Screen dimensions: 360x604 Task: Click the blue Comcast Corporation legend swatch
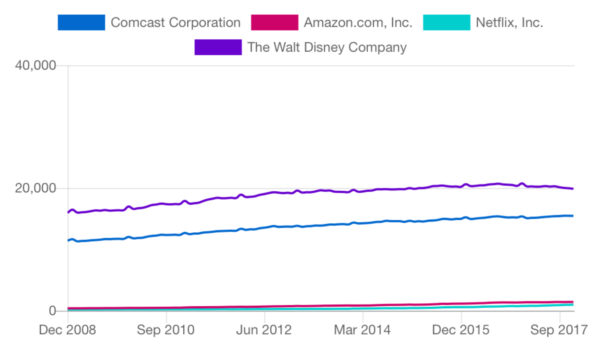[x=81, y=22]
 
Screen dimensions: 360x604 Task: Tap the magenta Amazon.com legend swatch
[x=274, y=22]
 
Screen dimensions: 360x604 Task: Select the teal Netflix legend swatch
[x=446, y=22]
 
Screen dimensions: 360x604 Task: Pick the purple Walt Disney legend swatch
[x=218, y=47]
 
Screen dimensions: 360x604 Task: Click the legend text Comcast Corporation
[x=175, y=22]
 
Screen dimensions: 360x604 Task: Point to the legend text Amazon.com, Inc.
[x=358, y=22]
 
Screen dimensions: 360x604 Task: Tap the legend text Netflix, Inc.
[x=509, y=22]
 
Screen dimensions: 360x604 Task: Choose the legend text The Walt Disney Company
[x=327, y=47]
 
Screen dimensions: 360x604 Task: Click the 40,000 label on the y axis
[x=35, y=65]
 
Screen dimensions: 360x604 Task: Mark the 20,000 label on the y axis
[x=35, y=188]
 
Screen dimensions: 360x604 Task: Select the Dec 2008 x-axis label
[x=67, y=330]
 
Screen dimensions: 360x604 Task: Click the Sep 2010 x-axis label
[x=166, y=330]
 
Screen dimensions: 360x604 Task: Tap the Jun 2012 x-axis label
[x=264, y=330]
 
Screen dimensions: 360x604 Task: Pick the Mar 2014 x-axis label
[x=362, y=330]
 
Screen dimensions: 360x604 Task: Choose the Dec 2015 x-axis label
[x=461, y=330]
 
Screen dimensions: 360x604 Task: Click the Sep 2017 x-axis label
[x=559, y=330]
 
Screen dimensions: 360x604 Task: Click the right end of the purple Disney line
[x=573, y=189]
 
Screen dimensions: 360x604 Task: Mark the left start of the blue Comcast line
[x=68, y=240]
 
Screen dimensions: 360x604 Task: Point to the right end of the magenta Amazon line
[x=573, y=302]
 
